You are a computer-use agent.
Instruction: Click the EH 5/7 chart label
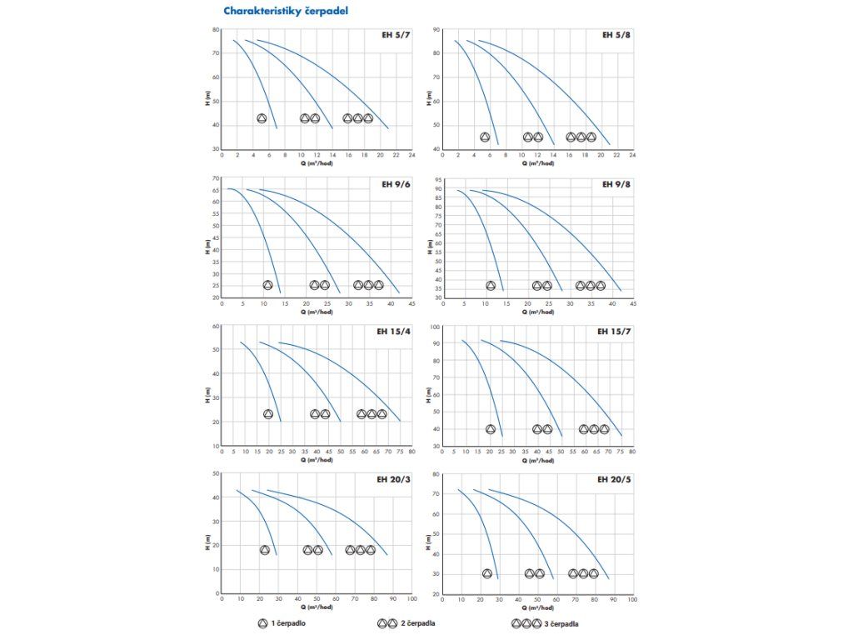point(395,36)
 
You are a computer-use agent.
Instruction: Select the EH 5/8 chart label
point(616,36)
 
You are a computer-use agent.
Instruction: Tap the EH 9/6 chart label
point(395,184)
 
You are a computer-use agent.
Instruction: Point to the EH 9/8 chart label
point(616,184)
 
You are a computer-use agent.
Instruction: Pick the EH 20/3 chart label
point(392,480)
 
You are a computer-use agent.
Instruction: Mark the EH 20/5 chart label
point(614,480)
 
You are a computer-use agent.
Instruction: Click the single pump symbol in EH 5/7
point(262,118)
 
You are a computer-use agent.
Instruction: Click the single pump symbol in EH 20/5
point(487,573)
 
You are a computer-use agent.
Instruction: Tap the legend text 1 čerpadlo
point(287,622)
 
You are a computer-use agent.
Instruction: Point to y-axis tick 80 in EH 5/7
point(216,30)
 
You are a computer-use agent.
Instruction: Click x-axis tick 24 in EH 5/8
point(632,155)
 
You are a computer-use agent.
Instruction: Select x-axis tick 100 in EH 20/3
point(412,598)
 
